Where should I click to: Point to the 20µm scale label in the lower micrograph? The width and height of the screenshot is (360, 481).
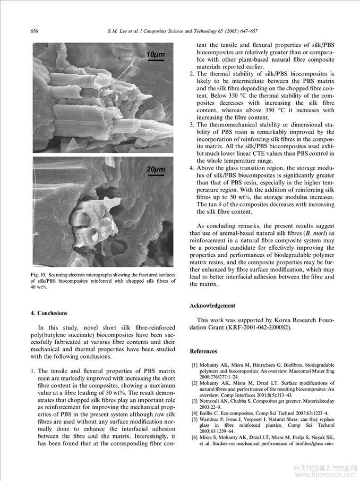(x=156, y=169)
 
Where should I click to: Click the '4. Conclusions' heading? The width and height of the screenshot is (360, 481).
(x=49, y=314)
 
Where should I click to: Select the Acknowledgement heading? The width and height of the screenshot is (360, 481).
(x=212, y=306)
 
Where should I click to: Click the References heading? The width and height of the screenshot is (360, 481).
(x=203, y=351)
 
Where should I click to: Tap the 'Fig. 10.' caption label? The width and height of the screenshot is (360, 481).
(x=39, y=274)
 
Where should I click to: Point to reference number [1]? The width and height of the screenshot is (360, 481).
(x=194, y=365)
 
